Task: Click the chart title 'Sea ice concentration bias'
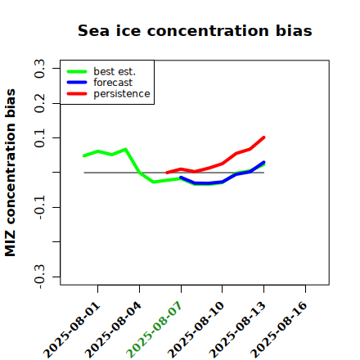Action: coord(195,30)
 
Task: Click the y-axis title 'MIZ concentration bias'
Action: coord(11,173)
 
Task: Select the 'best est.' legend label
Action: coord(115,71)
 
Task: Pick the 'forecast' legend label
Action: coord(113,83)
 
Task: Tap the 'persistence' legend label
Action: coord(122,94)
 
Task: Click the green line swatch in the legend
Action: coord(77,71)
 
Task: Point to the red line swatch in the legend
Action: coord(77,94)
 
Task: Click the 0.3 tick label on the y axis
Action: coord(39,69)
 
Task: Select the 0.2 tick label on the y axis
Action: coord(39,103)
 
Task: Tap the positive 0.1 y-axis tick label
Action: coord(39,138)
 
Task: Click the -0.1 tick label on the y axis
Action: coord(39,208)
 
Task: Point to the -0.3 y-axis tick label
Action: coord(39,277)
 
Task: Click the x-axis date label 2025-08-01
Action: coord(72,330)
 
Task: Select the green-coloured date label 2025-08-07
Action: coord(155,330)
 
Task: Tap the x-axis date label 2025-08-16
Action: coord(279,330)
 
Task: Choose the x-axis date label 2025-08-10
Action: coord(196,330)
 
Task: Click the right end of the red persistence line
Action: coord(263,137)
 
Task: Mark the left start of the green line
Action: coord(83,155)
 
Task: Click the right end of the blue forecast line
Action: coord(263,162)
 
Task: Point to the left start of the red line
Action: coord(167,173)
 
